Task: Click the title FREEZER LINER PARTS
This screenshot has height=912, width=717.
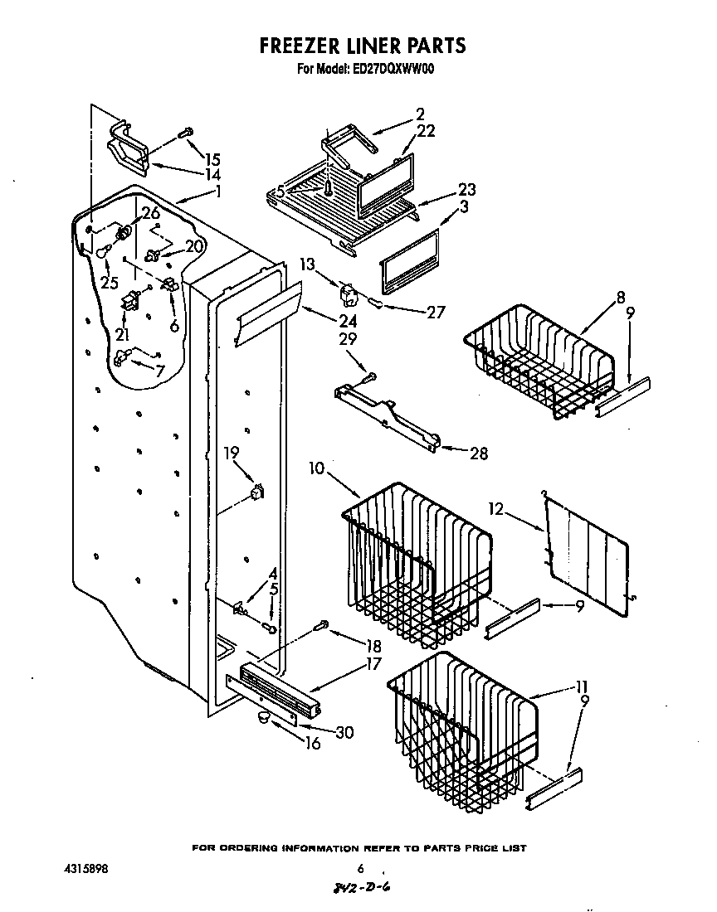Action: click(x=363, y=46)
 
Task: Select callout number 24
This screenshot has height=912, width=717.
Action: click(x=348, y=321)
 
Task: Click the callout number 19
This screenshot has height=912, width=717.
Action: click(x=232, y=453)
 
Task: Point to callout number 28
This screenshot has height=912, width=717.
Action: click(x=478, y=454)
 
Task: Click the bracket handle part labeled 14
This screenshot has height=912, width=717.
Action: click(x=127, y=150)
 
